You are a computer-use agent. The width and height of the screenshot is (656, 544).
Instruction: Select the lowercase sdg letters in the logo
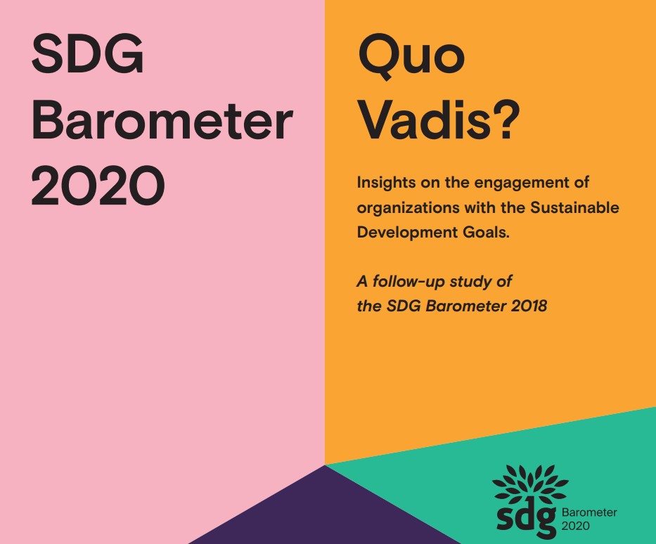pos(526,517)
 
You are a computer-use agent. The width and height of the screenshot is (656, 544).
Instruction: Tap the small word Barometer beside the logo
pos(589,512)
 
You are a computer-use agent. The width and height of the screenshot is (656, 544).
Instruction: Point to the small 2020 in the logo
pos(577,525)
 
